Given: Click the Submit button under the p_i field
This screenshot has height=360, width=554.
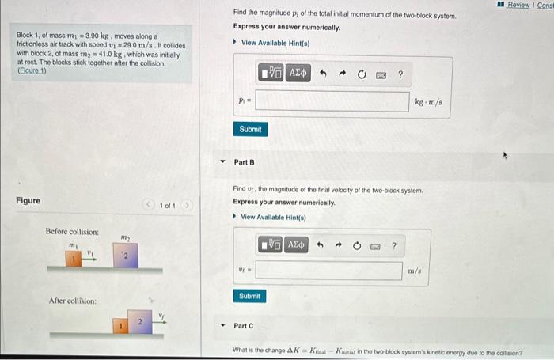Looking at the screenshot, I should coord(250,129).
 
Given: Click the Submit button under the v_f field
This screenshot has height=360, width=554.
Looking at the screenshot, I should coord(250,296).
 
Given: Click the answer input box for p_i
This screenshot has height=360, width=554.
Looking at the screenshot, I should coord(332,101).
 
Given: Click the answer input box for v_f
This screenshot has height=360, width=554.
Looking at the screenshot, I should coord(328,271).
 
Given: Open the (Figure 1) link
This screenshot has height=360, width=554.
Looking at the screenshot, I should coord(32,70).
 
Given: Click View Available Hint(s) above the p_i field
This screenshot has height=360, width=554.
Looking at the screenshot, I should coord(275,42).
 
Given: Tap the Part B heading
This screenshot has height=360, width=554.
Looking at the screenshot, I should coord(245,162).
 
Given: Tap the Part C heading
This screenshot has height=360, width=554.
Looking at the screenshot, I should coord(245,326).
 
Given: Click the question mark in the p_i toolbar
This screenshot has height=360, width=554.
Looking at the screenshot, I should coord(400,74).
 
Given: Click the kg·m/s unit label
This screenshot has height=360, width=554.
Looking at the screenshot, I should coord(428,102).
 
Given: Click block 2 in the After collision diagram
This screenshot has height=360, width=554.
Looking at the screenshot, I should coord(138,323).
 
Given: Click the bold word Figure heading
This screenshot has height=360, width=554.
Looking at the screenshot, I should coord(28,201).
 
